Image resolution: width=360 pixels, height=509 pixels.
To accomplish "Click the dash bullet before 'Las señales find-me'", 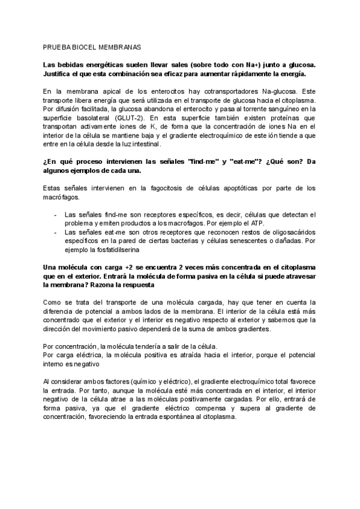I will click(x=55, y=214).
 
